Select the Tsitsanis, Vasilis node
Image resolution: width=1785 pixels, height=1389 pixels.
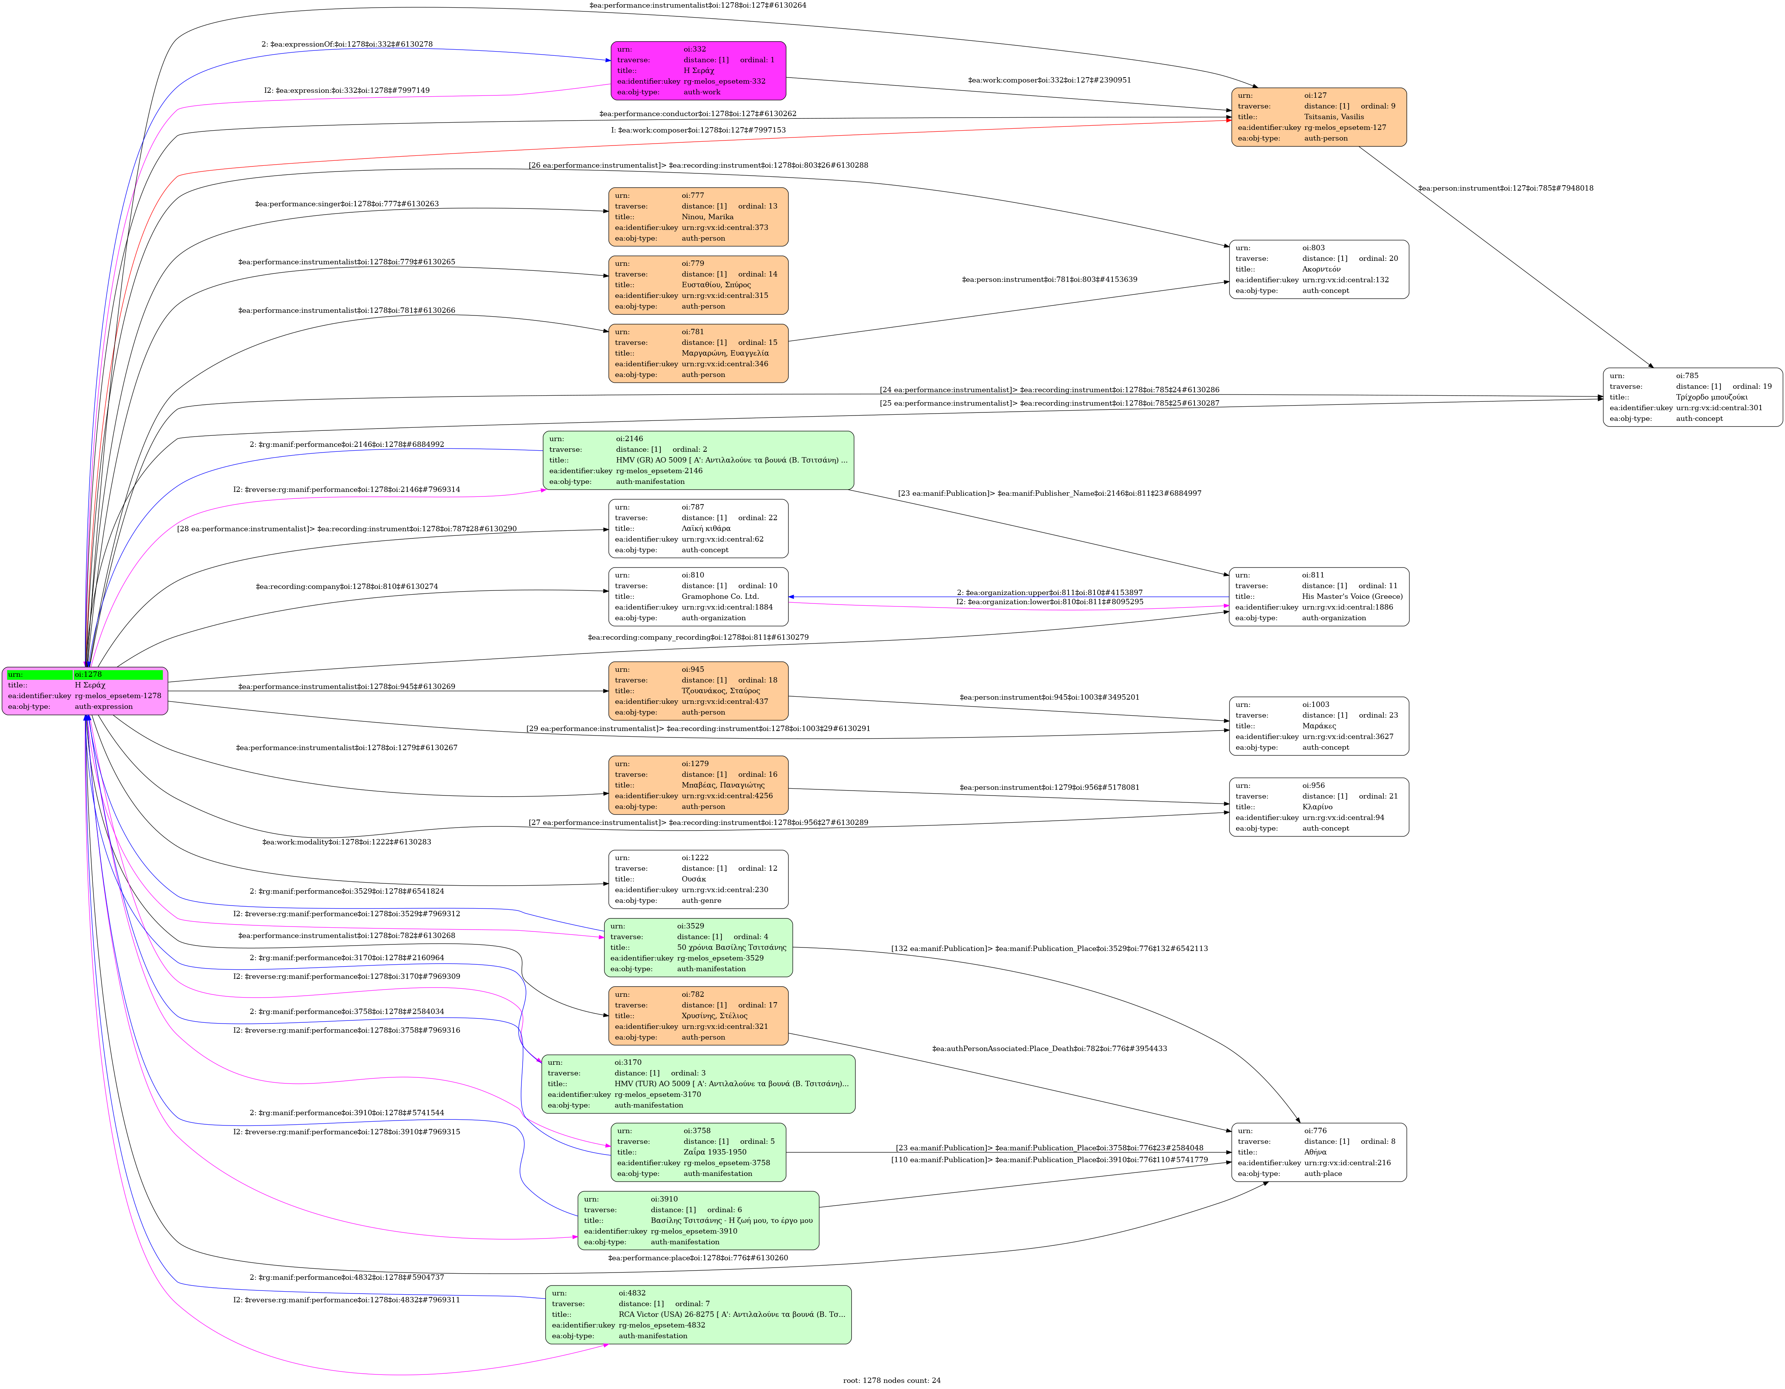pos(1318,117)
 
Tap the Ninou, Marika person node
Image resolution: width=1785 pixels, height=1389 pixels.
pos(698,217)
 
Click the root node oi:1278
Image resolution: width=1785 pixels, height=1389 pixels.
pos(85,691)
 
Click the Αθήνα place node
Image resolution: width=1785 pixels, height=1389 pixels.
pos(1318,1152)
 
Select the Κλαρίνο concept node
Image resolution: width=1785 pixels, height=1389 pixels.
pos(1318,807)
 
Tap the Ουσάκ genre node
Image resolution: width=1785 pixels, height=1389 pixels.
pos(698,879)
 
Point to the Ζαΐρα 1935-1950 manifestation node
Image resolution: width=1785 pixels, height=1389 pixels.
pos(698,1152)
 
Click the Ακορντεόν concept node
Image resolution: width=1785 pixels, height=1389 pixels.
pos(1318,269)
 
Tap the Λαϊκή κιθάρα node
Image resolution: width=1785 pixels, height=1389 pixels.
pos(698,528)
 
